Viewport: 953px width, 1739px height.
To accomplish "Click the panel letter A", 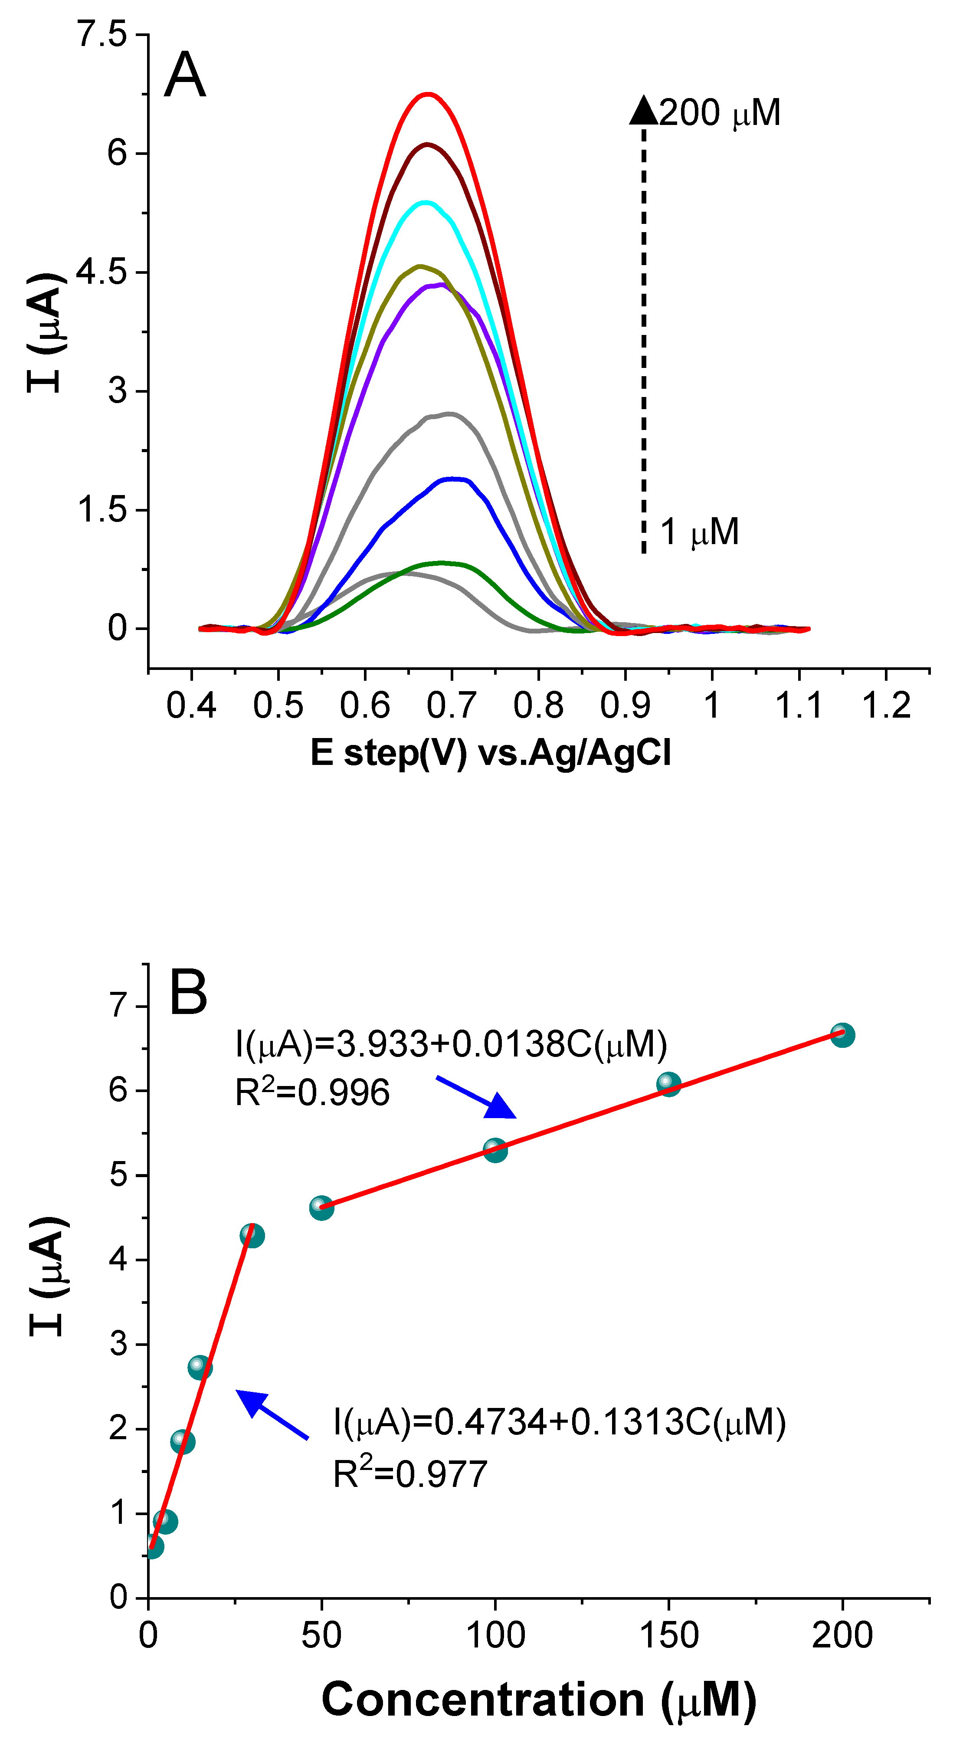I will pyautogui.click(x=184, y=75).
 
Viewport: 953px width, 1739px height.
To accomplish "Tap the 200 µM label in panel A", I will pyautogui.click(x=720, y=113).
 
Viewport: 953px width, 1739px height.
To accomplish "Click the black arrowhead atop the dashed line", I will pyautogui.click(x=643, y=111).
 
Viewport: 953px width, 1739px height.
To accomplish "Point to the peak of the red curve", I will pyautogui.click(x=428, y=94).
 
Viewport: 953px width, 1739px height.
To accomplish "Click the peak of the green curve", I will pyautogui.click(x=442, y=562).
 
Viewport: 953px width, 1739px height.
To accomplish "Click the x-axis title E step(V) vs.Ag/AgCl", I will pyautogui.click(x=491, y=753).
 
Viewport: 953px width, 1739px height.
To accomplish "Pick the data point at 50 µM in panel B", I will pyautogui.click(x=321, y=1208).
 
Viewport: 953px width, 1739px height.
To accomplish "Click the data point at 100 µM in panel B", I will pyautogui.click(x=495, y=1150).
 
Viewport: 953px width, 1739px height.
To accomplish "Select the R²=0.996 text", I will pyautogui.click(x=312, y=1092).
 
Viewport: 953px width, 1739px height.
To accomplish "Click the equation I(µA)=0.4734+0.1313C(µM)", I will pyautogui.click(x=559, y=1422).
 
